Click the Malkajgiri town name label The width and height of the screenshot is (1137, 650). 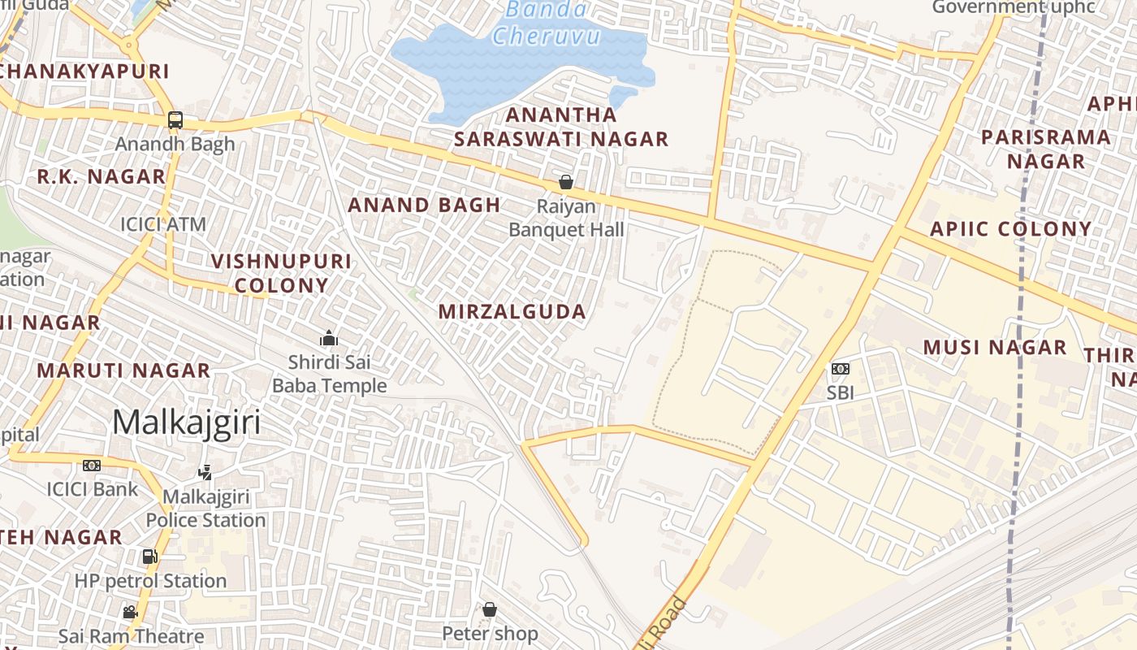(187, 422)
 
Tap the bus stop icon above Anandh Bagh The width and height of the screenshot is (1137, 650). (175, 120)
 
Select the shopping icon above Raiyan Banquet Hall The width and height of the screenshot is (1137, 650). (566, 182)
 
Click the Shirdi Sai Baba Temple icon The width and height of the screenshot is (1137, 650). (329, 338)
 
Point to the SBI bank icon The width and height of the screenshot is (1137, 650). (841, 369)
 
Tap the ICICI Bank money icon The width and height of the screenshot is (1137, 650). (92, 466)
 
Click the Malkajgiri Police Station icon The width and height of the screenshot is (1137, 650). (205, 472)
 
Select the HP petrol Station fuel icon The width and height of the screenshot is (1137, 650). (149, 557)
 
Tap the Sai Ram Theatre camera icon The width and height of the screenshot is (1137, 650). (130, 612)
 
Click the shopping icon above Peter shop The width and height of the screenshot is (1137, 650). (490, 609)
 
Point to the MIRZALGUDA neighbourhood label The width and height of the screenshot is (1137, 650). (512, 312)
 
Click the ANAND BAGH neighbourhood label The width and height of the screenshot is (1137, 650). (424, 206)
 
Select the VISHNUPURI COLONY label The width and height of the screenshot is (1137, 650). (281, 273)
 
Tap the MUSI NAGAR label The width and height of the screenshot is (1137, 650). (995, 348)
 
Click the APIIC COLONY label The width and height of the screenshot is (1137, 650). (1011, 229)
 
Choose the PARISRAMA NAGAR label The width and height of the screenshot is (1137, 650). (1046, 149)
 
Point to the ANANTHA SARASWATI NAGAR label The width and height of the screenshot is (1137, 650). (561, 127)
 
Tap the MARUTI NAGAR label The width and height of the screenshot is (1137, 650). (123, 370)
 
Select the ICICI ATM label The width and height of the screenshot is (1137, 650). (163, 224)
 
